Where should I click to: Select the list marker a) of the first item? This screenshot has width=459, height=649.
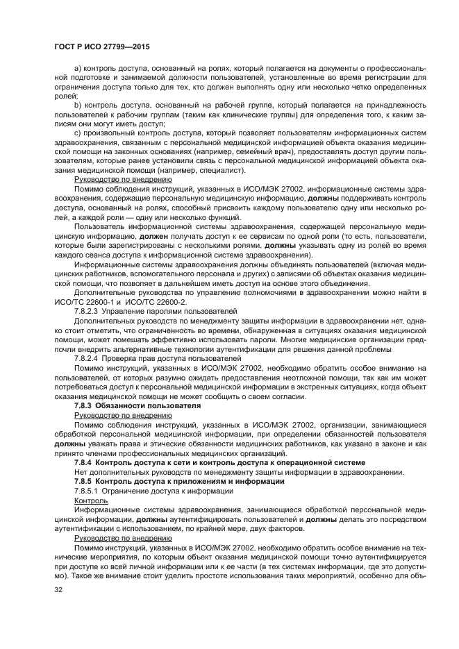(x=77, y=68)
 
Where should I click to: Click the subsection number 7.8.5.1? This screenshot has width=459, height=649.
(x=90, y=491)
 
